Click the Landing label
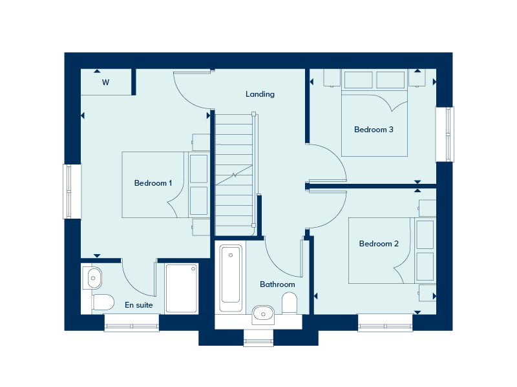pyautogui.click(x=260, y=94)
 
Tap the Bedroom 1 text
pyautogui.click(x=153, y=183)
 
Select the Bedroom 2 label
pyautogui.click(x=379, y=244)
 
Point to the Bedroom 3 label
pyautogui.click(x=374, y=130)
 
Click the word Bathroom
pyautogui.click(x=277, y=284)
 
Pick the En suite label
pyautogui.click(x=139, y=305)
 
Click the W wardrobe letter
pyautogui.click(x=105, y=83)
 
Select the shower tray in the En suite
pyautogui.click(x=182, y=288)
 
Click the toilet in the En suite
pyautogui.click(x=103, y=302)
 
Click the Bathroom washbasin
pyautogui.click(x=263, y=315)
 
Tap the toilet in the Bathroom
pyautogui.click(x=290, y=303)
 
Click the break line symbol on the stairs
pyautogui.click(x=234, y=175)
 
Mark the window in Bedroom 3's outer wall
pyautogui.click(x=445, y=134)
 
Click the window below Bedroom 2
pyautogui.click(x=385, y=323)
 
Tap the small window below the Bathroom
pyautogui.click(x=258, y=338)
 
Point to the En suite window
pyautogui.click(x=132, y=323)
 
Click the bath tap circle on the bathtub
pyautogui.click(x=231, y=255)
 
